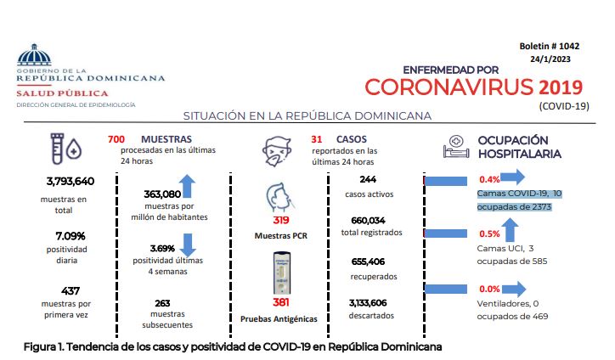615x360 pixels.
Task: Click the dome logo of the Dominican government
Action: pyautogui.click(x=34, y=54)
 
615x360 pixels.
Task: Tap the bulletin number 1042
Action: pyautogui.click(x=569, y=46)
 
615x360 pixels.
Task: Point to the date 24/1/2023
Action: pyautogui.click(x=550, y=59)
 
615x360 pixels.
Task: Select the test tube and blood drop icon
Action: pyautogui.click(x=66, y=149)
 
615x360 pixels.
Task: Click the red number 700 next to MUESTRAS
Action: pyautogui.click(x=116, y=139)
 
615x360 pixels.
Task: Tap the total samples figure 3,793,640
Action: pyautogui.click(x=71, y=181)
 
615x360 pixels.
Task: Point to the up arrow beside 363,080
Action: pyautogui.click(x=187, y=186)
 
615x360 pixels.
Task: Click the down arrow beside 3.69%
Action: pyautogui.click(x=188, y=245)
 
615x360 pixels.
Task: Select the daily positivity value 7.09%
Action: pyautogui.click(x=71, y=236)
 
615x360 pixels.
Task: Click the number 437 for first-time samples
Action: pyautogui.click(x=71, y=291)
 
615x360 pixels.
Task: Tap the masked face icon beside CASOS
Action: pyautogui.click(x=277, y=151)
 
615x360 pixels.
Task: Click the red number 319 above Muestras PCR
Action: pyautogui.click(x=281, y=220)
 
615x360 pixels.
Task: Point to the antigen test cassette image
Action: pyautogui.click(x=282, y=273)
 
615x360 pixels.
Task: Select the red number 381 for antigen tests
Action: pyautogui.click(x=281, y=302)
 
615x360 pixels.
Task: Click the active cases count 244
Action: pyautogui.click(x=368, y=179)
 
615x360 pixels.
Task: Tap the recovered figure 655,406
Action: pyautogui.click(x=368, y=262)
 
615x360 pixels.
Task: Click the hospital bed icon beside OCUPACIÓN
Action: pyautogui.click(x=456, y=146)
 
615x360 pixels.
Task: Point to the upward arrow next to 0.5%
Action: pyautogui.click(x=510, y=230)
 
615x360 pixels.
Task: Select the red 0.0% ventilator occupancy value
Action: pyautogui.click(x=489, y=289)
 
